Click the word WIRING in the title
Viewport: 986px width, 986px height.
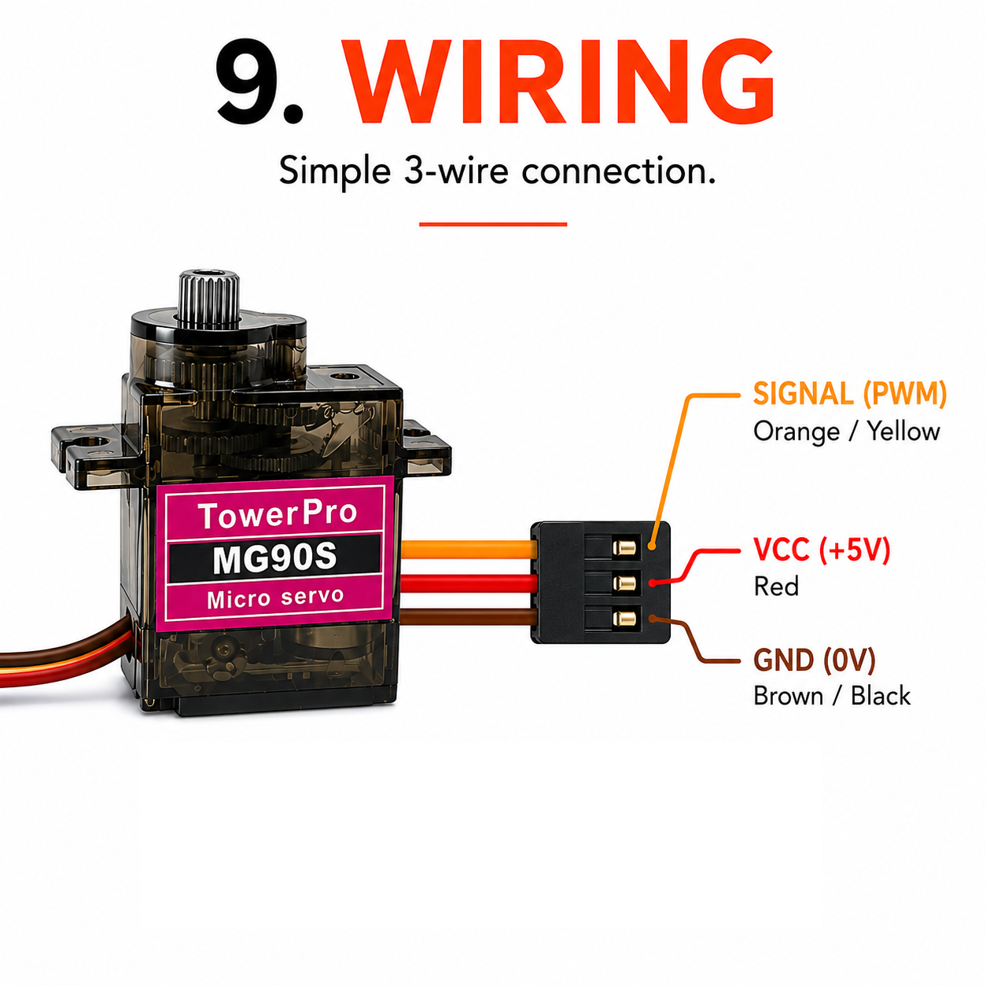(560, 82)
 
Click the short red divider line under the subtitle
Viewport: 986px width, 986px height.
(493, 224)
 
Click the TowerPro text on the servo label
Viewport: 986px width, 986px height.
(277, 515)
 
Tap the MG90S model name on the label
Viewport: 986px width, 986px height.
(274, 559)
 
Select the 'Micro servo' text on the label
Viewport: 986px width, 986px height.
(274, 598)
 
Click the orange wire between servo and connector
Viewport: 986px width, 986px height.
(468, 549)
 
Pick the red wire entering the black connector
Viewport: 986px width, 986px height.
(468, 583)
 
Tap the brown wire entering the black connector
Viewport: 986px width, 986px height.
(468, 617)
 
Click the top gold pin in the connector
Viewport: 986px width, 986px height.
(624, 548)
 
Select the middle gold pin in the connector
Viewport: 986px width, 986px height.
(624, 583)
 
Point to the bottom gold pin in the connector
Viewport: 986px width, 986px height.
(624, 619)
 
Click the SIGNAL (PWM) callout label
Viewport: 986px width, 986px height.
(849, 393)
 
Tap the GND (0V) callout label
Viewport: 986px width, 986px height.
(814, 660)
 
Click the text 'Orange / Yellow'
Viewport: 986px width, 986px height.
(846, 431)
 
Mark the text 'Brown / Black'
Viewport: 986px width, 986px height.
(832, 696)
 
